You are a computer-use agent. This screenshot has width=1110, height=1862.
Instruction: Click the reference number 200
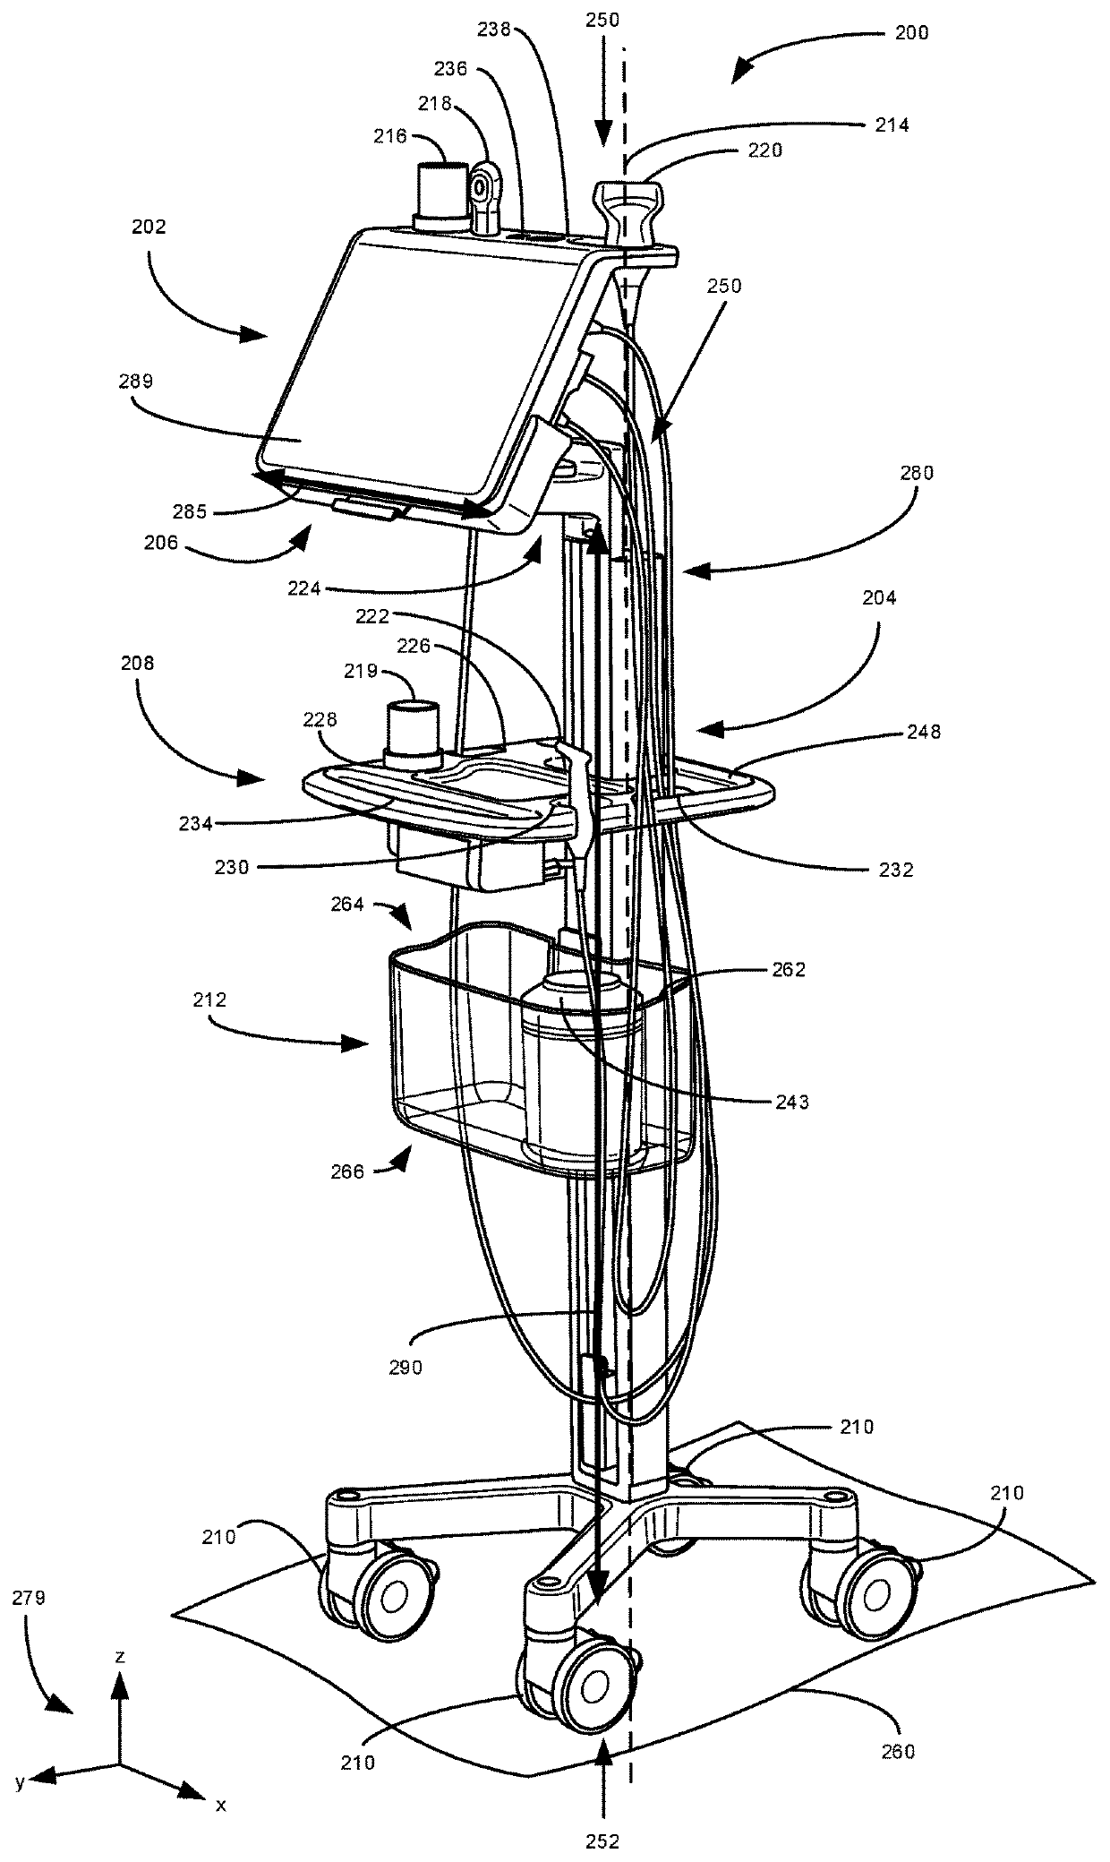click(x=911, y=33)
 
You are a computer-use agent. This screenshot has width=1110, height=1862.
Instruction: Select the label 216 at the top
click(x=391, y=136)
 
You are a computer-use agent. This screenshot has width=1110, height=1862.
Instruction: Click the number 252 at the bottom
click(x=602, y=1834)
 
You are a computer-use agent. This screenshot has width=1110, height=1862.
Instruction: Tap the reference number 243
click(x=791, y=1103)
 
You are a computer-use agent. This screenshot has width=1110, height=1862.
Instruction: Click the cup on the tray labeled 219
click(x=413, y=731)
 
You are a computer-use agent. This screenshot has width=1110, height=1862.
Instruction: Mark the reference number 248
click(x=923, y=732)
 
